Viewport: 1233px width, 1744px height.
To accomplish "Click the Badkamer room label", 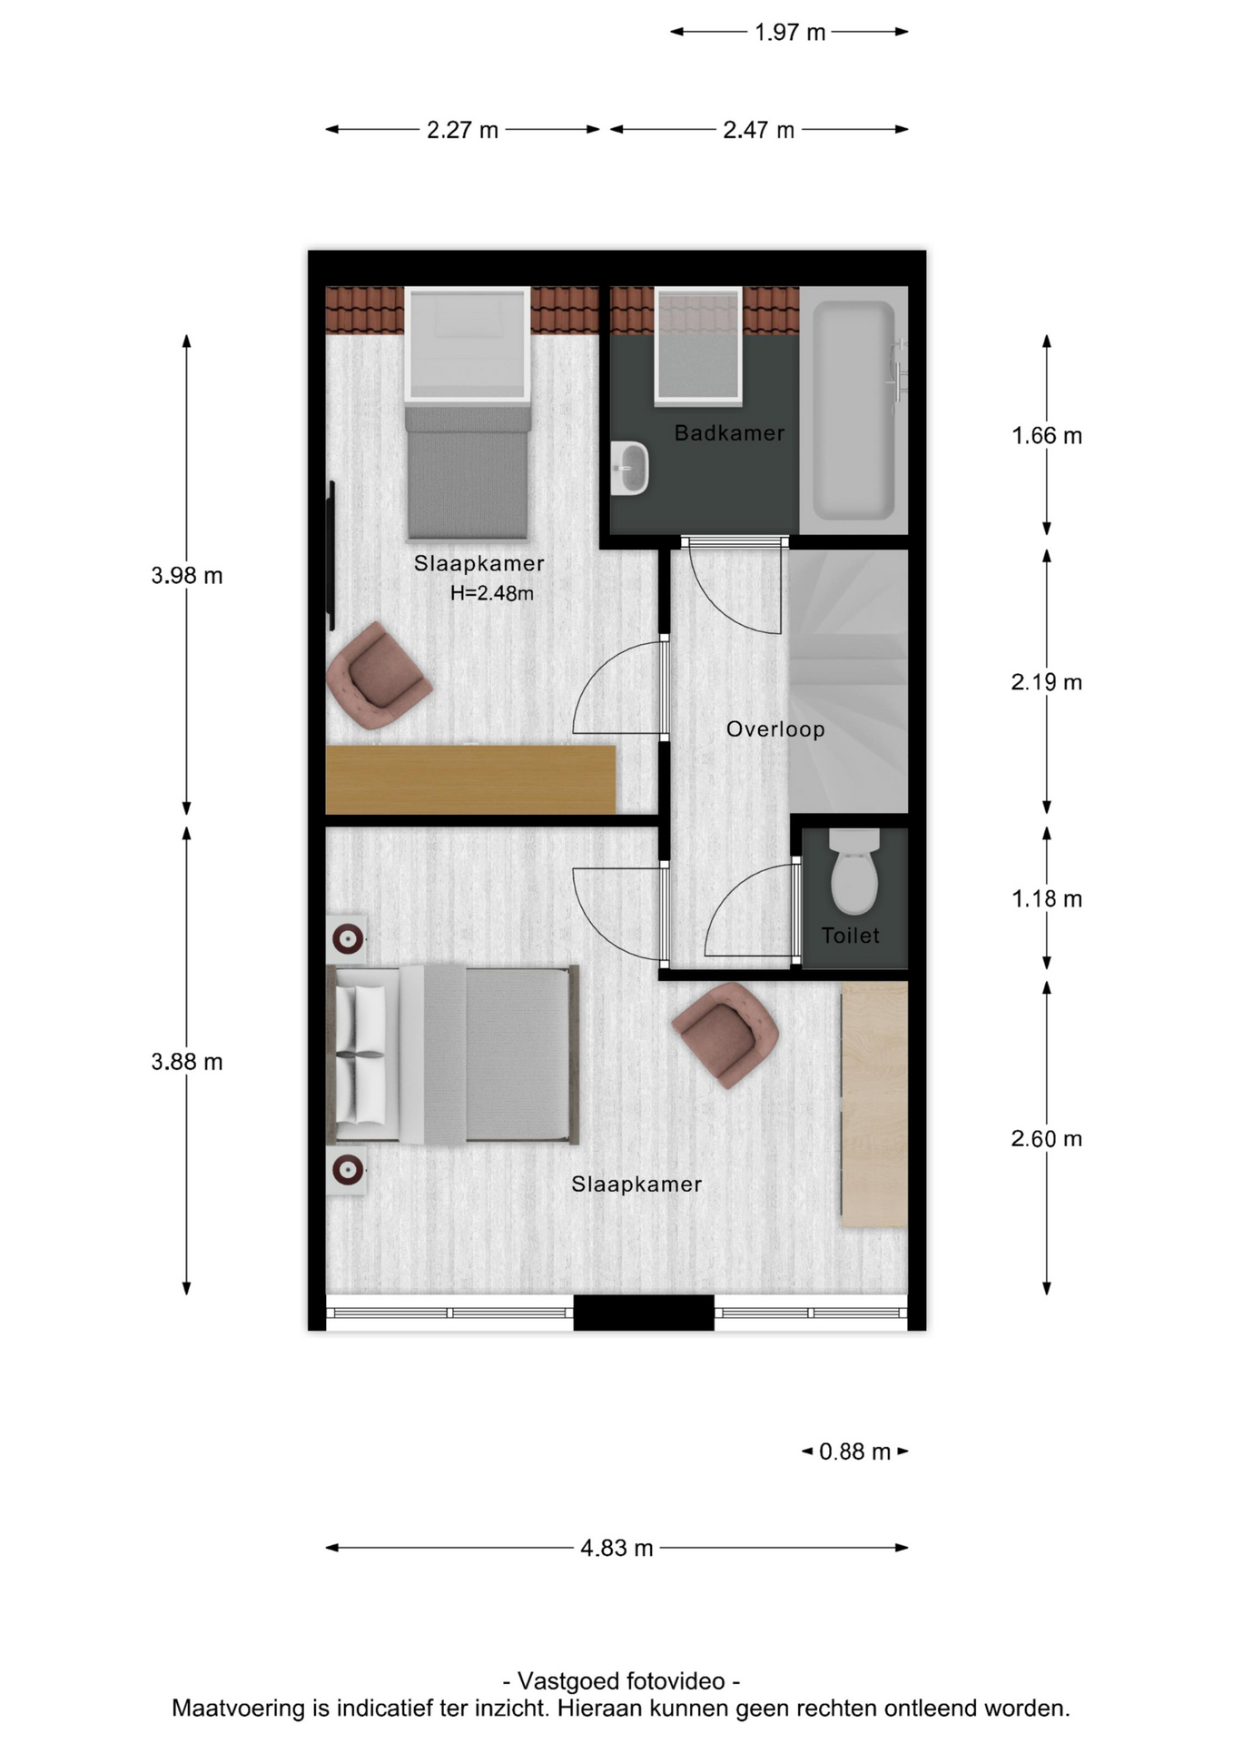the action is point(729,433).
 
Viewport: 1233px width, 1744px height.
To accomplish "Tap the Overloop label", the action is point(775,729).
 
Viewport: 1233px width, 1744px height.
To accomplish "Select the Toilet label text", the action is point(851,936).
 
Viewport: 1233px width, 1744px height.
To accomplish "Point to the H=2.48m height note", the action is point(492,593).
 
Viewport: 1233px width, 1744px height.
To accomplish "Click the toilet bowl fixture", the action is point(854,871).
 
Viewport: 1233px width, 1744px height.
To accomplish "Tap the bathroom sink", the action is point(629,469).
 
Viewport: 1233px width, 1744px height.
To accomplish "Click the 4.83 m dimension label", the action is point(617,1548).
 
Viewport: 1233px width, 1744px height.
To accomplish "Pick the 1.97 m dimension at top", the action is point(790,33).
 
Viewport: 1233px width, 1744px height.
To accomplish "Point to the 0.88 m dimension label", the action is point(854,1452).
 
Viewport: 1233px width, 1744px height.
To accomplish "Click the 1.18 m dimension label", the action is point(1047,899).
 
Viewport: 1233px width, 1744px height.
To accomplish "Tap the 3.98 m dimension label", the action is point(187,576).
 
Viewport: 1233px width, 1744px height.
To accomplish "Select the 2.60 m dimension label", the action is point(1047,1139).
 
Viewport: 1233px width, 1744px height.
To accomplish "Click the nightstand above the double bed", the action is point(347,938).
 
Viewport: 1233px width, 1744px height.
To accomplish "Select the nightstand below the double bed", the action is point(347,1170).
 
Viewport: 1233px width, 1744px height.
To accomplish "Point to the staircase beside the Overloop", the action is point(848,681).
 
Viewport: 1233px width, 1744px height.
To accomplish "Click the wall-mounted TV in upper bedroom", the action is point(331,556).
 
